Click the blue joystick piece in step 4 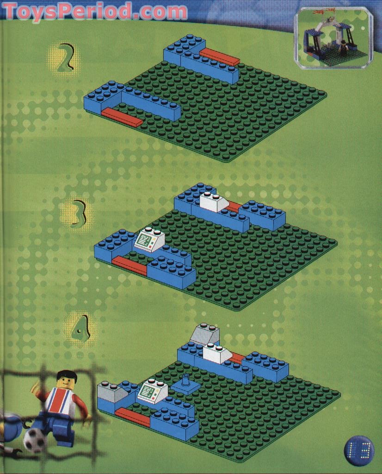(x=186, y=384)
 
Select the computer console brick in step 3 (x=149, y=239)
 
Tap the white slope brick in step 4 (x=217, y=354)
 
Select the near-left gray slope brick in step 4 (x=113, y=393)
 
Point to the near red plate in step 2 (x=122, y=117)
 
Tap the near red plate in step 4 (x=133, y=417)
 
